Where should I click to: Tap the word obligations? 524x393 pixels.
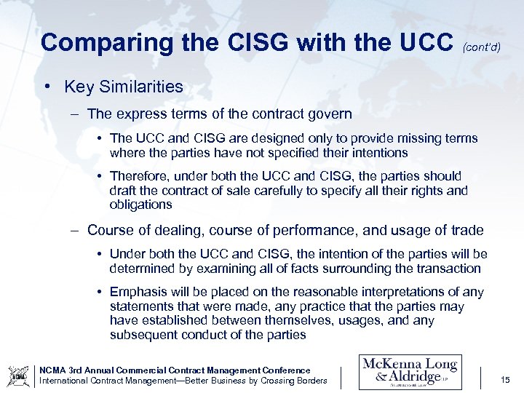140,205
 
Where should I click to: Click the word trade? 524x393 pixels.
467,231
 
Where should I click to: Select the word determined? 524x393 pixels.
140,269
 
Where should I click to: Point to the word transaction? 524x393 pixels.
445,269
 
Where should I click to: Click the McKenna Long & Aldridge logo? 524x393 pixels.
410,372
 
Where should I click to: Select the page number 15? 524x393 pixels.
506,379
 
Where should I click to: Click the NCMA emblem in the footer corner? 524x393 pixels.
18,376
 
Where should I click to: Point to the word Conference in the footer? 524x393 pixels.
283,370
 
